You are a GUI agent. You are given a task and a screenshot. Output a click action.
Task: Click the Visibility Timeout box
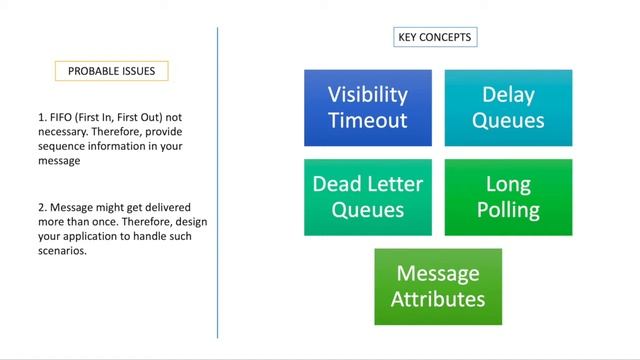pos(368,107)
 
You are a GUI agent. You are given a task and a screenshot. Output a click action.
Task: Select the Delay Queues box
pos(508,107)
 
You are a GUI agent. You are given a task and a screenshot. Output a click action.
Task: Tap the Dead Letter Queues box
pos(368,197)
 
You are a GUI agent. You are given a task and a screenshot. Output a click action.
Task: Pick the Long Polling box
pos(508,197)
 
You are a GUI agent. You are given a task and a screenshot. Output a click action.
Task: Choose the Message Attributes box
pos(438,286)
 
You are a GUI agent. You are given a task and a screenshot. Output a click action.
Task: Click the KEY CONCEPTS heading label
pos(434,38)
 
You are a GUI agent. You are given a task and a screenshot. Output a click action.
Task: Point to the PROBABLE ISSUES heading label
pos(112,71)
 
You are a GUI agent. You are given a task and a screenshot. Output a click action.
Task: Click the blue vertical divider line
pos(217,180)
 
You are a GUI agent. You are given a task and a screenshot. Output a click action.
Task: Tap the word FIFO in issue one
pos(60,117)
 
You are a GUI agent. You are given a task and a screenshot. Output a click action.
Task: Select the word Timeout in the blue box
pos(368,121)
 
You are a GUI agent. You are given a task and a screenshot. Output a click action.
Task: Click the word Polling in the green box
pos(508,210)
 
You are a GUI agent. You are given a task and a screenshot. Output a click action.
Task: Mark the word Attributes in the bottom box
pos(438,299)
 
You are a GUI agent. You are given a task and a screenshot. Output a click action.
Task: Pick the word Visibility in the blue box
pos(368,94)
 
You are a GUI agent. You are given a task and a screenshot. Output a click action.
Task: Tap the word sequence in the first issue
pos(58,146)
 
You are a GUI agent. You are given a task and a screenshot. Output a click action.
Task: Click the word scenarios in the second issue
pos(59,250)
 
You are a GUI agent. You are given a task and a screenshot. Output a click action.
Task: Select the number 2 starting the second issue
pos(40,206)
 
